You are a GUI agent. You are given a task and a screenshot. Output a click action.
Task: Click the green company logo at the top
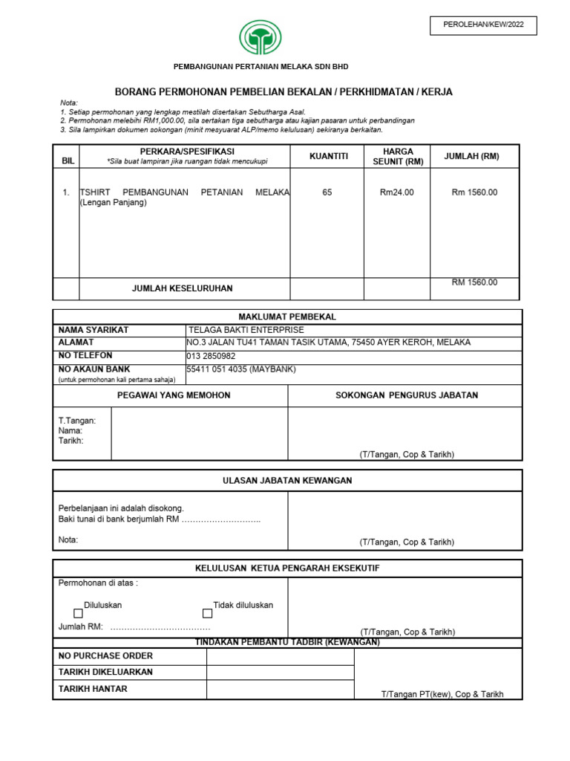point(261,37)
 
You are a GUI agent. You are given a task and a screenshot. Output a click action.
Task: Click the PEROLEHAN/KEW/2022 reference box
point(483,25)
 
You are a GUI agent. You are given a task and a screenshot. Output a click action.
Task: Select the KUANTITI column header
point(327,156)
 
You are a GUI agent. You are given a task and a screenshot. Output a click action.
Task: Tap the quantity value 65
point(327,192)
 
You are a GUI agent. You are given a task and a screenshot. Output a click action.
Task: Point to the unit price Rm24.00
point(397,192)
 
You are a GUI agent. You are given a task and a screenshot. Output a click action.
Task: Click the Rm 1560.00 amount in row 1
point(474,192)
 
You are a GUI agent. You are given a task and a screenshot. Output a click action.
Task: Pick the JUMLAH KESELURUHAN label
point(182,288)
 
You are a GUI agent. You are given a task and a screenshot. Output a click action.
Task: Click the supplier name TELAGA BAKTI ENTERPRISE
point(246,330)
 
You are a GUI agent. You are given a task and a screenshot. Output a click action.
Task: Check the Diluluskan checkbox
point(78,614)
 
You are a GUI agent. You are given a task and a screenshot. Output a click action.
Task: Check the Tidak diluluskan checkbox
point(207,614)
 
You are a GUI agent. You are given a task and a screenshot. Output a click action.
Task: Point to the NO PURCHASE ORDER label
point(105,656)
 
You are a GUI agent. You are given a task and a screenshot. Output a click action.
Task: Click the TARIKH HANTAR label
point(93,689)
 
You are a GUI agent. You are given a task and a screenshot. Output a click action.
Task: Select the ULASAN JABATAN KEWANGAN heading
point(287,481)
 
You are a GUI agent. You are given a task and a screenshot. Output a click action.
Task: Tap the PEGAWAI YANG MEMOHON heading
point(174,395)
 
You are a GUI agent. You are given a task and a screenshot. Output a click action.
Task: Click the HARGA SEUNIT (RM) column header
point(397,156)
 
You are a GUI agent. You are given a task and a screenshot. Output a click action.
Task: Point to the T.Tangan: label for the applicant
point(77,421)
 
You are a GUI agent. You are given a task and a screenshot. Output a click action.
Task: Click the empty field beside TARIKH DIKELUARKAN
point(280,673)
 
